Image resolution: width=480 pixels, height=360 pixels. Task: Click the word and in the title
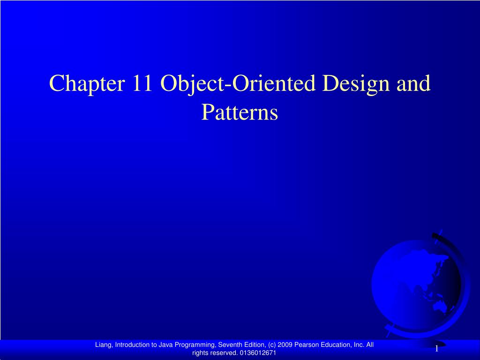click(x=413, y=84)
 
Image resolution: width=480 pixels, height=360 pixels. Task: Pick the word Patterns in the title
click(x=240, y=113)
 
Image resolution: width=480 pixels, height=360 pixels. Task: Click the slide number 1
click(x=436, y=349)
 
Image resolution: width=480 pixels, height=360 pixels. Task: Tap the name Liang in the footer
click(x=104, y=345)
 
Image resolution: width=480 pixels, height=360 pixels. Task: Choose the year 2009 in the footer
click(x=285, y=345)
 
